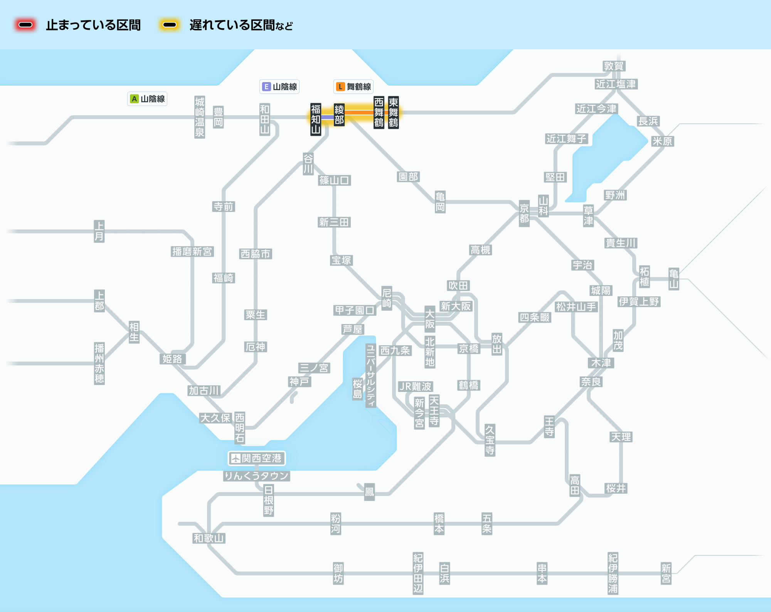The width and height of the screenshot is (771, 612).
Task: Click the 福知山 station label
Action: point(316,119)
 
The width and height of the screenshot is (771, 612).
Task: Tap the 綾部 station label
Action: point(339,115)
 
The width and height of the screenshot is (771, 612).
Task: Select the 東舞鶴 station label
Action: point(393,113)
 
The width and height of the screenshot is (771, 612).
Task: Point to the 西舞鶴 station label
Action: point(379,113)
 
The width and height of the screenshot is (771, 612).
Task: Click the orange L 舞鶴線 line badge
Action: point(353,87)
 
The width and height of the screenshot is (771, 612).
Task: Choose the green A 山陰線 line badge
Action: point(147,99)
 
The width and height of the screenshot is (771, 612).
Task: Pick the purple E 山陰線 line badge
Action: point(279,87)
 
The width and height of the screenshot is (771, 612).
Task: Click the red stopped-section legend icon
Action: point(25,25)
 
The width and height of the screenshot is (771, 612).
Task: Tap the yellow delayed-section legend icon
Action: point(170,25)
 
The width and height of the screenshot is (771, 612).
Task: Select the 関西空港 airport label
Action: point(257,458)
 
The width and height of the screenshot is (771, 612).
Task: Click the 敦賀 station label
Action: point(614,66)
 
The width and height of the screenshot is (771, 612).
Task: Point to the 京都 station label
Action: point(524,214)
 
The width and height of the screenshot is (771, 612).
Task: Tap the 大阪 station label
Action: point(430,319)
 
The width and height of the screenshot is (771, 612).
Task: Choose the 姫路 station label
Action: point(172,359)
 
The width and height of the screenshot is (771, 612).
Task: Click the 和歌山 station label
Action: point(209,538)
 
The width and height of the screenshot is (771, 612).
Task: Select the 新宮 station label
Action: point(666,573)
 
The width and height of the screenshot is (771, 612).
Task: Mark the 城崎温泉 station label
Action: point(200,117)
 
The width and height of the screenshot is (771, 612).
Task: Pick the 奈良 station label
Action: point(591,382)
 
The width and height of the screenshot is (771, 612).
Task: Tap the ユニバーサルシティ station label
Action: point(371,375)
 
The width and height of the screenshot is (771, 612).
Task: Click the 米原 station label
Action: point(662,141)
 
